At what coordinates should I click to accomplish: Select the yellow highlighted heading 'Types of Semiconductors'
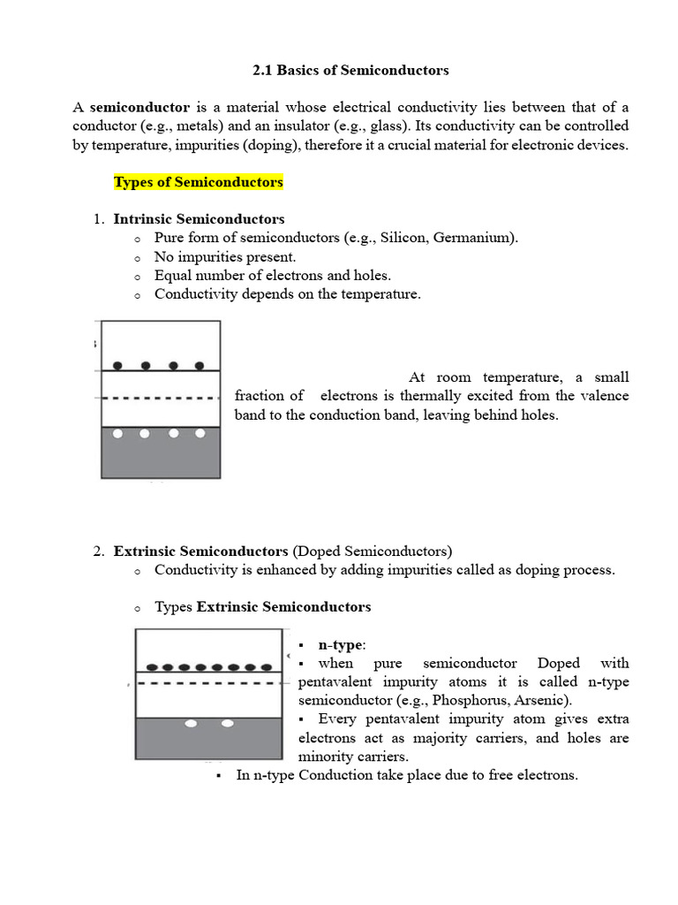pos(199,182)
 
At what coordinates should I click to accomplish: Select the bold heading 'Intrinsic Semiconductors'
pos(200,218)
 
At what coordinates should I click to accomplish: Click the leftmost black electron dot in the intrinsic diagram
pos(118,365)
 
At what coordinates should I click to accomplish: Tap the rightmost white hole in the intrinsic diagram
pos(200,433)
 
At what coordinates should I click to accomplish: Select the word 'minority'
pos(327,757)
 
